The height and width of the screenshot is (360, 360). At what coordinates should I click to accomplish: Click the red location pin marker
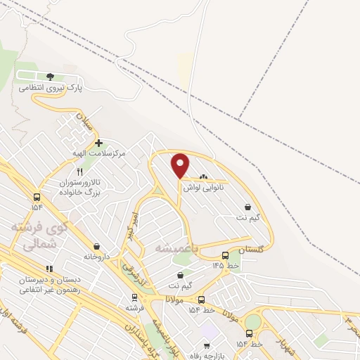[181, 165]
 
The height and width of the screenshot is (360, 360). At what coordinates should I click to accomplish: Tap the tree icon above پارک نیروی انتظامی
[50, 76]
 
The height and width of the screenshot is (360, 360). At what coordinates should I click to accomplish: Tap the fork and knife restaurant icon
[79, 172]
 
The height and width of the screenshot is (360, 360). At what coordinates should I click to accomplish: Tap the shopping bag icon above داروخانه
[94, 246]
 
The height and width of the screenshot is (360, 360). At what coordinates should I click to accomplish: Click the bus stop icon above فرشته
[134, 297]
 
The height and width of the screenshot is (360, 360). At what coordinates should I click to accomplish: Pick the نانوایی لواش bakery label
[205, 188]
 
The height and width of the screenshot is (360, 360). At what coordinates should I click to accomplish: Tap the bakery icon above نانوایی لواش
[204, 177]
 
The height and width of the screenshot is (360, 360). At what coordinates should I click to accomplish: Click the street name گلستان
[251, 250]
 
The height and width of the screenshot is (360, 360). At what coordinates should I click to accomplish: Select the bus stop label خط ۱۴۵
[226, 266]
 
